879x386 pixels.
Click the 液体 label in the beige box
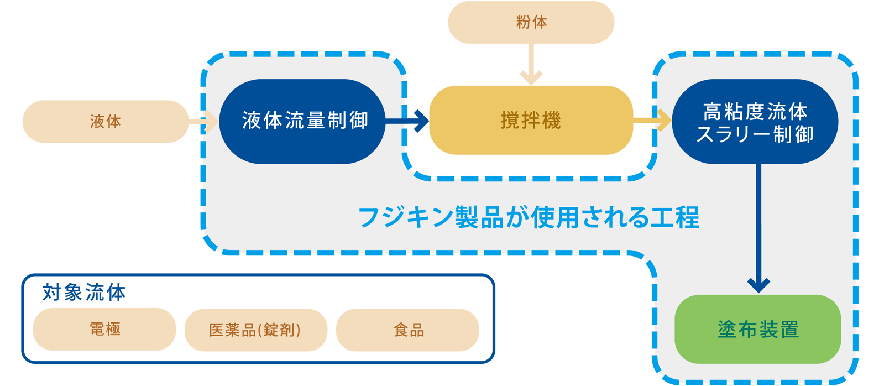(105, 122)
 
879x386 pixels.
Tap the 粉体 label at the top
(531, 22)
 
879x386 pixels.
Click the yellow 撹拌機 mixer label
(531, 121)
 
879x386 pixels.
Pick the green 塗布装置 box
(758, 330)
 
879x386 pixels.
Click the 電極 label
(105, 330)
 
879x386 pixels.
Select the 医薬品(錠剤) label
(255, 330)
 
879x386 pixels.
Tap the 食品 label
(409, 330)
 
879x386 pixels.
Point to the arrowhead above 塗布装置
(758, 285)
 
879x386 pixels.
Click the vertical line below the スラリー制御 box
(758, 221)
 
